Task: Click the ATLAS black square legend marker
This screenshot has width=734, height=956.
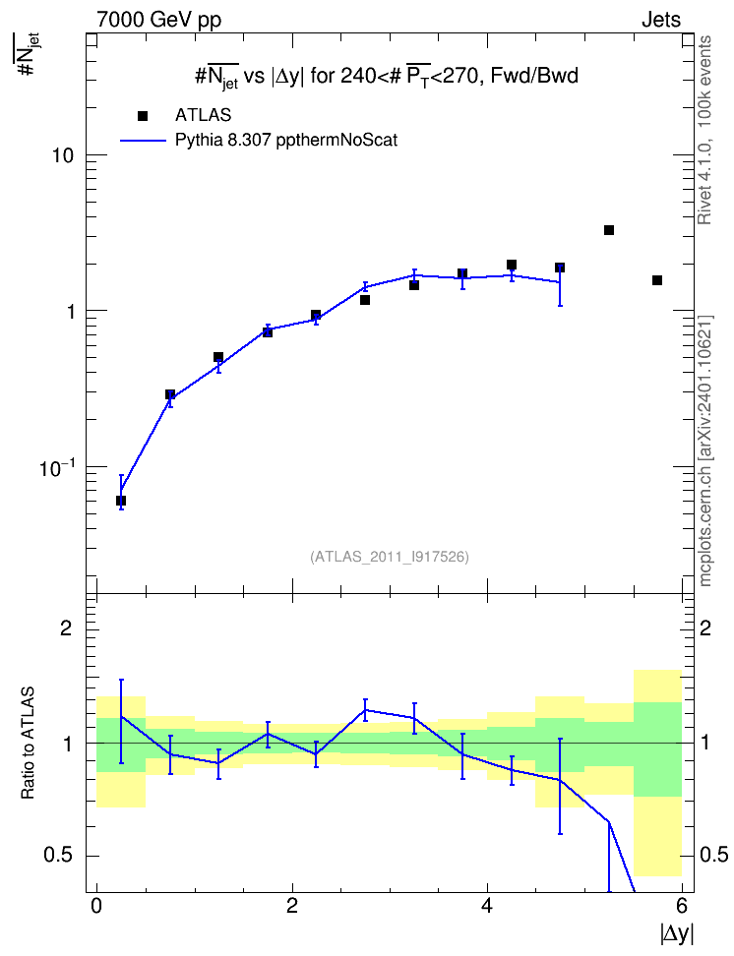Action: (143, 116)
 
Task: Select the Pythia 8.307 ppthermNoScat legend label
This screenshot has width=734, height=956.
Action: (286, 141)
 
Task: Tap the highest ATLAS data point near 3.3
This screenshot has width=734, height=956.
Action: (609, 230)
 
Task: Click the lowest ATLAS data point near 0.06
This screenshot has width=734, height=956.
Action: (121, 501)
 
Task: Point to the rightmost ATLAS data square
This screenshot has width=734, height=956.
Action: (657, 280)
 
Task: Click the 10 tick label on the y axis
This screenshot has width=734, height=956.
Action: (62, 155)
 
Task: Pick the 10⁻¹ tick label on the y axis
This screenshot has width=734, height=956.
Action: (57, 467)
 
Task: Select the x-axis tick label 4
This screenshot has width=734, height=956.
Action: (487, 906)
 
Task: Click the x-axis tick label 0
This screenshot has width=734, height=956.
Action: (96, 906)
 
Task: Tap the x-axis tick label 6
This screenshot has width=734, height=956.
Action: (682, 906)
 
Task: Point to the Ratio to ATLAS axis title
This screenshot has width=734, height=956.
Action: (28, 743)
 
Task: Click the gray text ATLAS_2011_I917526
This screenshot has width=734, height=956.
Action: (390, 557)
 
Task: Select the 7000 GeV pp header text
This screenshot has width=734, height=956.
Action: (158, 20)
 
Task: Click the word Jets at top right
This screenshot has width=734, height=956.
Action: (661, 20)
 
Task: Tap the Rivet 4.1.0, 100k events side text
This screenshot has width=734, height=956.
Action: (704, 130)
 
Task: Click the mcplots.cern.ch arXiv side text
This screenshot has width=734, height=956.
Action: (705, 451)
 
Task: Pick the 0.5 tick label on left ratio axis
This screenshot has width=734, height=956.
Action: (57, 855)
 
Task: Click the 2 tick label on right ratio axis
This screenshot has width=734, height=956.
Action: (705, 627)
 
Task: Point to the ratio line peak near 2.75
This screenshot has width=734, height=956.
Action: (365, 710)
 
